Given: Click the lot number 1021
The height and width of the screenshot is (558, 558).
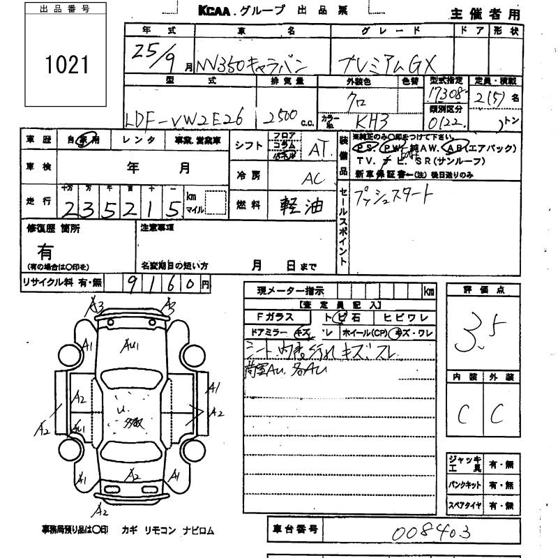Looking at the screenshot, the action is pyautogui.click(x=68, y=65).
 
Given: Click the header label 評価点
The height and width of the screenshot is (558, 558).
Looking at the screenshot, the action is pyautogui.click(x=483, y=289).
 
